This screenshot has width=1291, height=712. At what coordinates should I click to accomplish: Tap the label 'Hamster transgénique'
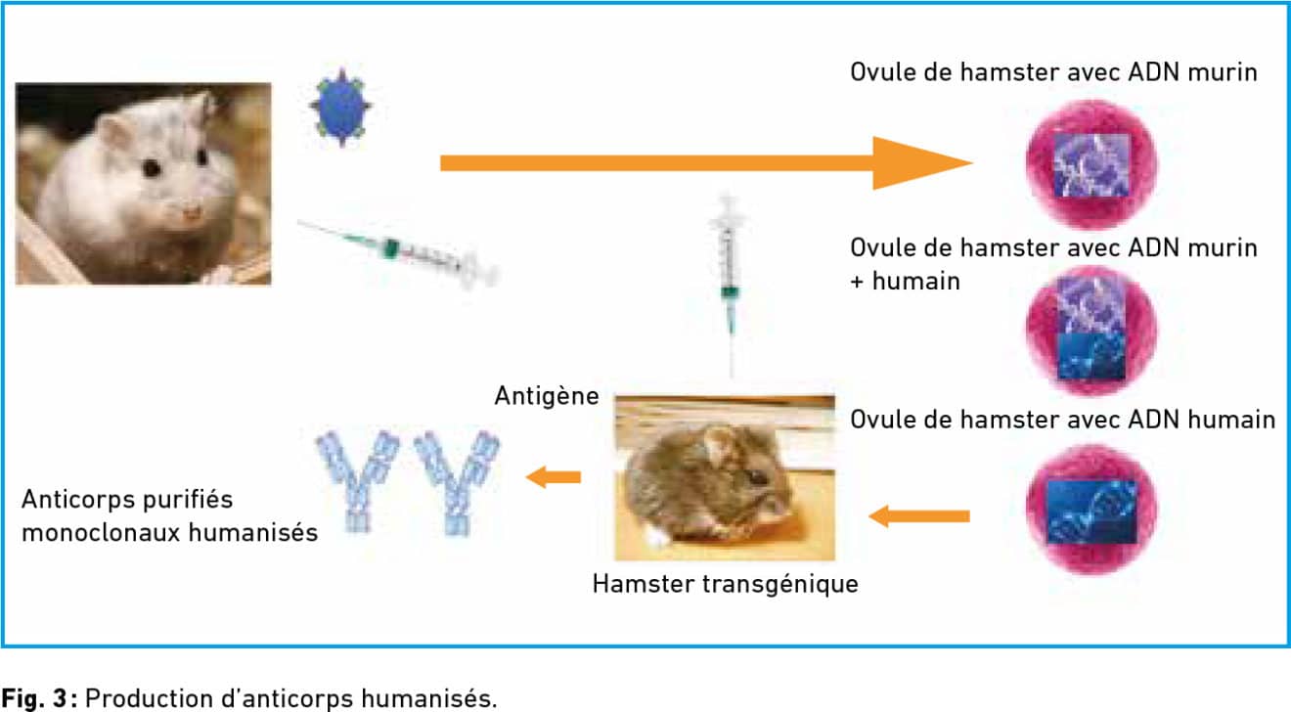(725, 584)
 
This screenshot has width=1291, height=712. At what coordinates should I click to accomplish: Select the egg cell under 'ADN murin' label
(1091, 163)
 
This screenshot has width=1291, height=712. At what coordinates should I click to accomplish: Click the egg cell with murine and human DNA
(1091, 332)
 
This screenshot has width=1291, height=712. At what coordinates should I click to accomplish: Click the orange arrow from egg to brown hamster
(919, 515)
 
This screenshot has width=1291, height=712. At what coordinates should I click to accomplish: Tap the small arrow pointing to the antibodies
(555, 477)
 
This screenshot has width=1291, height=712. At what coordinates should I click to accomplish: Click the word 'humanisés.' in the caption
(443, 699)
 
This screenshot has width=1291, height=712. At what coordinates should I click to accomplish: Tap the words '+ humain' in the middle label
(905, 282)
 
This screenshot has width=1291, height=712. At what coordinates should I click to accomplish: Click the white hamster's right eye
(152, 169)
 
